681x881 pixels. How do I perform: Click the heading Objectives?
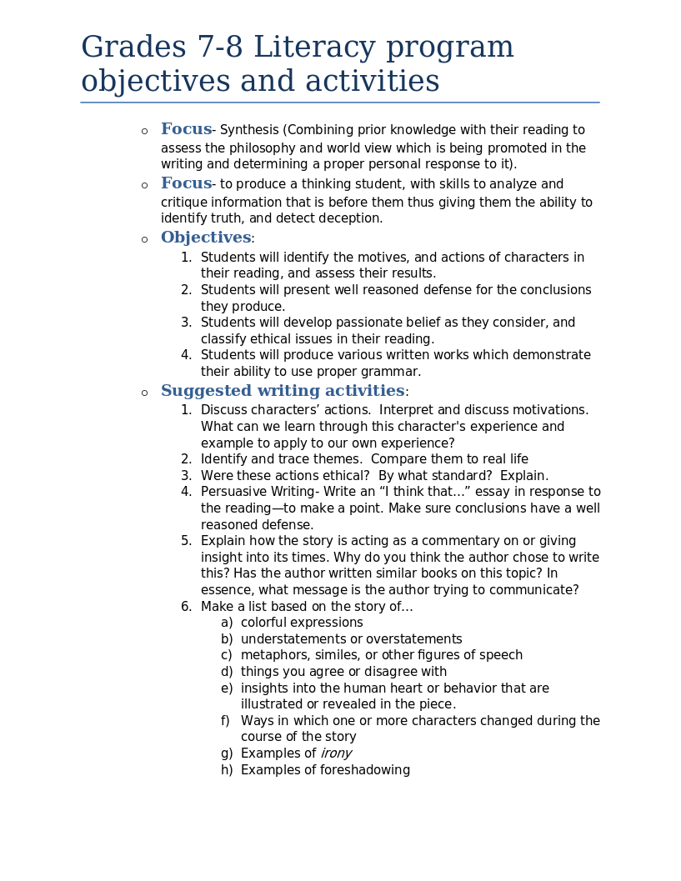coord(205,238)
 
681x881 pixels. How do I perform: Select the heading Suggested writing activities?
coord(283,391)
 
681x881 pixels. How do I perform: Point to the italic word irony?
coord(336,753)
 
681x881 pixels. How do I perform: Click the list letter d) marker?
coord(227,672)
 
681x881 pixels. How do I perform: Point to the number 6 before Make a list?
coord(186,607)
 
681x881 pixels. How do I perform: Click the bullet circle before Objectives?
coord(144,239)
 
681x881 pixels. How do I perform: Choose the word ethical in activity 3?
coord(342,476)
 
